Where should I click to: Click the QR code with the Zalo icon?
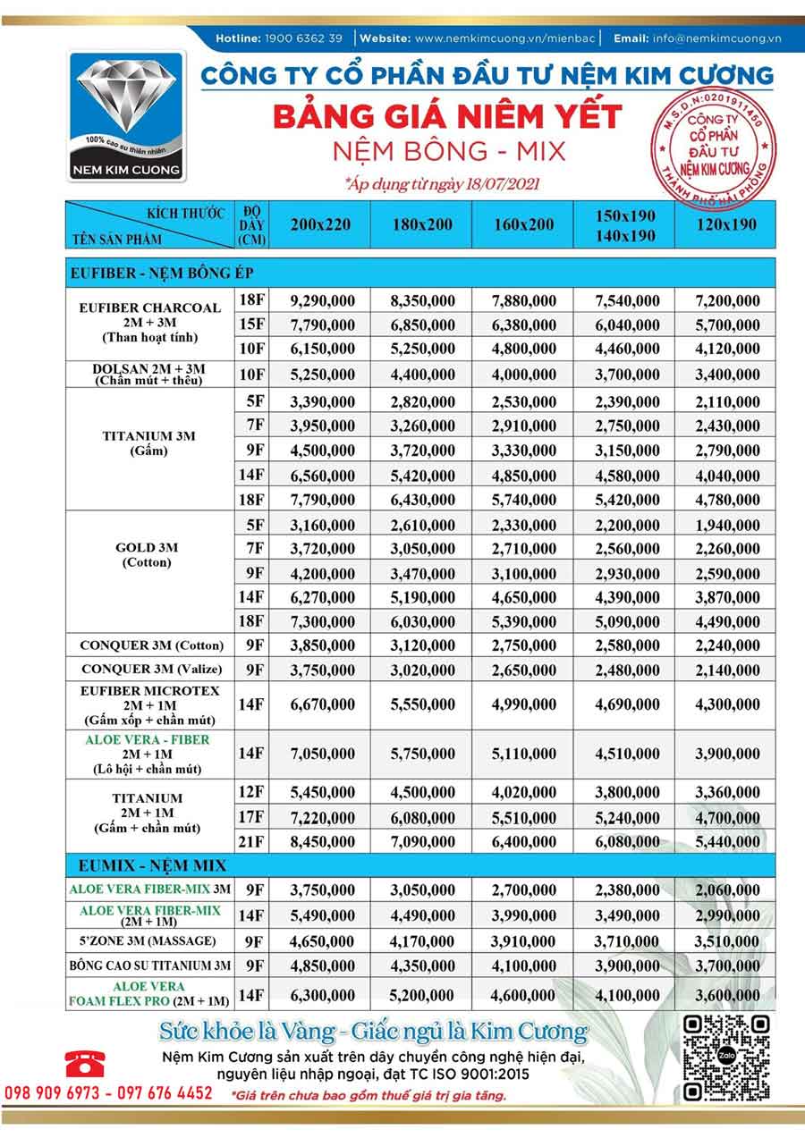[x=727, y=1058]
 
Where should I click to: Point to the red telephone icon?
[x=85, y=1062]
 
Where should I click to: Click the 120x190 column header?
[x=726, y=224]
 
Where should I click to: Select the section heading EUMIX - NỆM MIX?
[x=148, y=865]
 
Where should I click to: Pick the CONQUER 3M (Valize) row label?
[x=148, y=670]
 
